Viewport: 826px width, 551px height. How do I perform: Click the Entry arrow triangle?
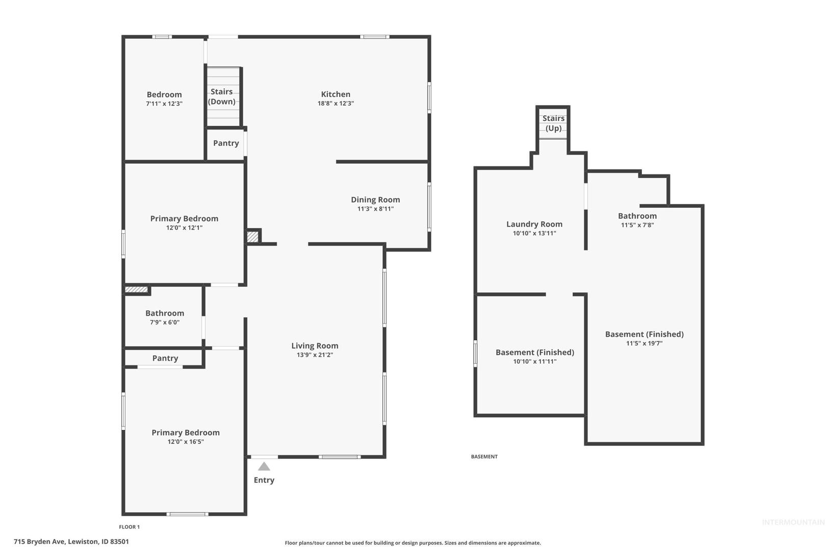point(264,466)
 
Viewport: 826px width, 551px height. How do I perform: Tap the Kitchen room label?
point(335,94)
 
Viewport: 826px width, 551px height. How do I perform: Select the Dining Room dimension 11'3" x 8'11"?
point(375,209)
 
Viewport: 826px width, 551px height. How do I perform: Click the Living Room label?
point(315,346)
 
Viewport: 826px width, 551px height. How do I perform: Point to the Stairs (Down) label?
point(222,96)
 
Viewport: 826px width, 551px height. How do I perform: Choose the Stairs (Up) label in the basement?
point(554,123)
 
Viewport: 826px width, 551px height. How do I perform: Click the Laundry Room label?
point(534,224)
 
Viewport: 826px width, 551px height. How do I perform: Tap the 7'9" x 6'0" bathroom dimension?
point(165,322)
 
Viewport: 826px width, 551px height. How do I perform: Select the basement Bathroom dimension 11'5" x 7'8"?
point(637,225)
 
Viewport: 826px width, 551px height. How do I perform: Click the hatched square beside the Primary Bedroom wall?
point(252,237)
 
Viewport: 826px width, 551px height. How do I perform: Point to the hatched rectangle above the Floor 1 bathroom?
point(137,289)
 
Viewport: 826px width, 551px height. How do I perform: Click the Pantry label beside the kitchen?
point(226,143)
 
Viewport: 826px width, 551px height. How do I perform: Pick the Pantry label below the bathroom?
point(165,358)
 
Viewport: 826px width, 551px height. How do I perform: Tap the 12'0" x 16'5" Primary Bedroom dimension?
point(186,442)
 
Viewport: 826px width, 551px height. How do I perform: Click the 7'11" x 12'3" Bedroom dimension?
point(165,104)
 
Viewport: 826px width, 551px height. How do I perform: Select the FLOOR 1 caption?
point(130,527)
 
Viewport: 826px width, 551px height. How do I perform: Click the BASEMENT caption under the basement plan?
point(484,457)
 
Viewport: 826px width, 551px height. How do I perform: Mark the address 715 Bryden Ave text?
point(39,541)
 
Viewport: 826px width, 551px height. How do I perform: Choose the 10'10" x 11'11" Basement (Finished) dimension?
point(535,361)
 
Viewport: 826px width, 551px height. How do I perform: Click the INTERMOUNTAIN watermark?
point(793,522)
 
